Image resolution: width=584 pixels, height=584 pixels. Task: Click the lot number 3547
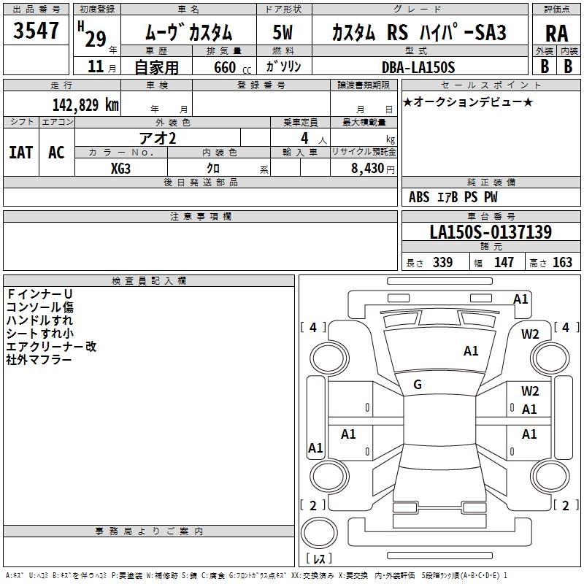[36, 31]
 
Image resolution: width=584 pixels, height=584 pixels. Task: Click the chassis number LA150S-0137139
[491, 232]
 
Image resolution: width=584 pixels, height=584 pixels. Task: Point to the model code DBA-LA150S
[418, 66]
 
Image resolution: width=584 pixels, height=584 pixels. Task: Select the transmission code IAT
[20, 152]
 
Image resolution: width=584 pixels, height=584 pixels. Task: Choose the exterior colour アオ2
[158, 137]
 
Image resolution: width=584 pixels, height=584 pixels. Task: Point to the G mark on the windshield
[418, 385]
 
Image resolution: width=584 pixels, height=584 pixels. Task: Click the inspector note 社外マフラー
[39, 360]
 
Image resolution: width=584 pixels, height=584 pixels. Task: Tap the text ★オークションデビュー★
[467, 102]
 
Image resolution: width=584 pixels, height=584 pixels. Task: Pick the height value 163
[562, 263]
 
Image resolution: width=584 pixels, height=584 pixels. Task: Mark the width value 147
[504, 263]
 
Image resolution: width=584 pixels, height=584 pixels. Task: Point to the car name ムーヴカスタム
[188, 33]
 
